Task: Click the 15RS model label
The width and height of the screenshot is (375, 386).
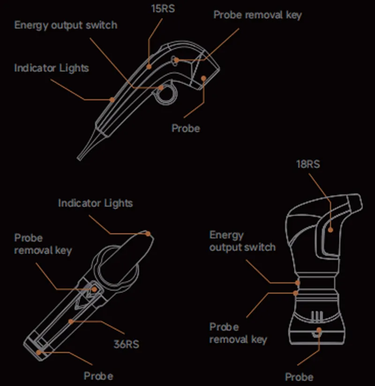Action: tap(163, 8)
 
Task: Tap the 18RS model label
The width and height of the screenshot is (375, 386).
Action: tap(308, 164)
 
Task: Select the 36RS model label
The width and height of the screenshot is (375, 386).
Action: tap(126, 344)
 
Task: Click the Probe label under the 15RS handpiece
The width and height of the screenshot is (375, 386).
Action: tap(186, 128)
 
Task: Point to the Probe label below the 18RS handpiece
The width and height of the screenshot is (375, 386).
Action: tap(299, 377)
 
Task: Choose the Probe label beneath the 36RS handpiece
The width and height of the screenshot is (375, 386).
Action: tap(98, 376)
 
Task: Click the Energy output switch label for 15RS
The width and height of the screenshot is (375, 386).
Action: tap(66, 25)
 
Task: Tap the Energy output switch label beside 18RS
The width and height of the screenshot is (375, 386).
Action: tap(242, 241)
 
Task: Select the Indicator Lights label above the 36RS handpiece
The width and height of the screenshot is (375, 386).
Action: tap(95, 203)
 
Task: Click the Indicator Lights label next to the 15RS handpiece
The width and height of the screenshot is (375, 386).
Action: tap(52, 68)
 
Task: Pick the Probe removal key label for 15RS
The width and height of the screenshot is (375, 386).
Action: tap(257, 15)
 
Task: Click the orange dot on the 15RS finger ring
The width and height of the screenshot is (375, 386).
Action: tap(161, 87)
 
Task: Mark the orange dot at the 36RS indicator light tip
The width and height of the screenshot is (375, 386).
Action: tap(148, 233)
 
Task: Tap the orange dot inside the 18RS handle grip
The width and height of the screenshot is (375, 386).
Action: tap(330, 230)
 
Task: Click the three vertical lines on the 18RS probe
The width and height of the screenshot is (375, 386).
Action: tap(317, 316)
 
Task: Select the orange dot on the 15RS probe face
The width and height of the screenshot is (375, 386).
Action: tap(203, 78)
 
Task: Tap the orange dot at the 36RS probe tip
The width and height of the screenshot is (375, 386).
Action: tap(39, 353)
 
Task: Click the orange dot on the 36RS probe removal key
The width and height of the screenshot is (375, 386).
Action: tap(94, 289)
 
